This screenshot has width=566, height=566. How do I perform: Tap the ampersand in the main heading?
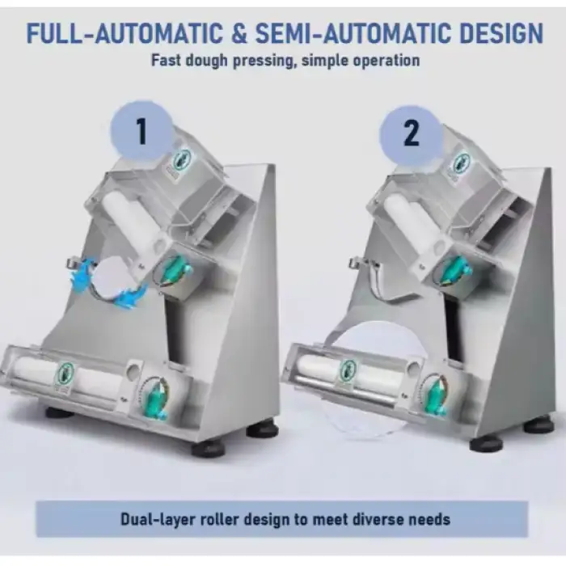(x=239, y=33)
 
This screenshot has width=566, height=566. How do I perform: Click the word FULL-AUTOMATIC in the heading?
(x=125, y=33)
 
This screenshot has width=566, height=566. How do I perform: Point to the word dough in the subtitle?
(x=205, y=61)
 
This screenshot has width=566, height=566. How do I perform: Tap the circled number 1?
(x=141, y=131)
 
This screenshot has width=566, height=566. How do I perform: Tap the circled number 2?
(x=411, y=133)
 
